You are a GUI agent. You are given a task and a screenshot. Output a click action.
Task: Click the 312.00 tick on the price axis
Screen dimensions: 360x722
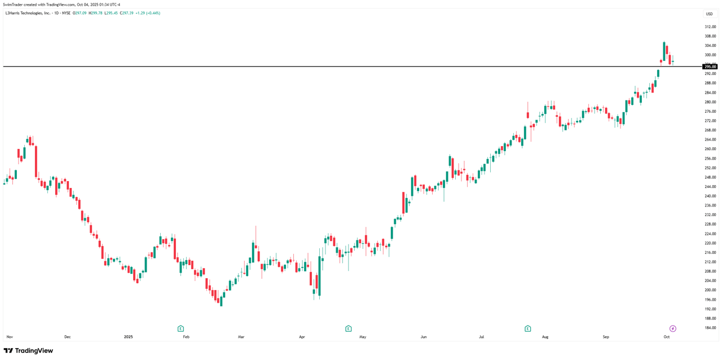710,27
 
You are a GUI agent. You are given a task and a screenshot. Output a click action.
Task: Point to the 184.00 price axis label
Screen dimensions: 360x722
710,328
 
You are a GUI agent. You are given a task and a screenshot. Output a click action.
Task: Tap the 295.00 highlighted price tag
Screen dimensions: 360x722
710,67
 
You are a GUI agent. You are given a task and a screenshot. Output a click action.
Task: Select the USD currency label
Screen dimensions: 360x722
709,14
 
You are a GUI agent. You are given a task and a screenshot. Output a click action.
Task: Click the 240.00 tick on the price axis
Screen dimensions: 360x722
710,196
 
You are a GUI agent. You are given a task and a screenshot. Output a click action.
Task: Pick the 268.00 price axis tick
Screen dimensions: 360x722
710,130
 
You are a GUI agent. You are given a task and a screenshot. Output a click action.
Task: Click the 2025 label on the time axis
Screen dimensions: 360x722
128,337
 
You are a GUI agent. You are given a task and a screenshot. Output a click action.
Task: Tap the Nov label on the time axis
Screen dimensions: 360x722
10,337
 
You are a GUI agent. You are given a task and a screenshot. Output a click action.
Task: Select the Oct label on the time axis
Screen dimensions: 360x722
666,337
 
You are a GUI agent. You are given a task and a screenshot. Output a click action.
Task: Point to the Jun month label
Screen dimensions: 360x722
423,337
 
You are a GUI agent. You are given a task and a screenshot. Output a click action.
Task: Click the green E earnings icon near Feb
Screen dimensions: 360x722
180,328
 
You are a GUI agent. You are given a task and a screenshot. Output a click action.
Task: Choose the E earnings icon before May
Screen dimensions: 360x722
349,328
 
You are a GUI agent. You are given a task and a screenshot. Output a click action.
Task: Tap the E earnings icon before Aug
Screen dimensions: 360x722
527,328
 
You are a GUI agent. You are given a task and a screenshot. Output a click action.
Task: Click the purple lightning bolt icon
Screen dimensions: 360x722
672,328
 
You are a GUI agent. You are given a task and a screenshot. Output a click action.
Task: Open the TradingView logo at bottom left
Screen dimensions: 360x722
28,350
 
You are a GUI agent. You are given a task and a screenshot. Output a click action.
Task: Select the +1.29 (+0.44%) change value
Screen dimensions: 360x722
148,13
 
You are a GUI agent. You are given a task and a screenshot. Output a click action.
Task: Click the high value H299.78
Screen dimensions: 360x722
95,13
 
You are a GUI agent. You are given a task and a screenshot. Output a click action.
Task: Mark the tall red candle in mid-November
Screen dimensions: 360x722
36,162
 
